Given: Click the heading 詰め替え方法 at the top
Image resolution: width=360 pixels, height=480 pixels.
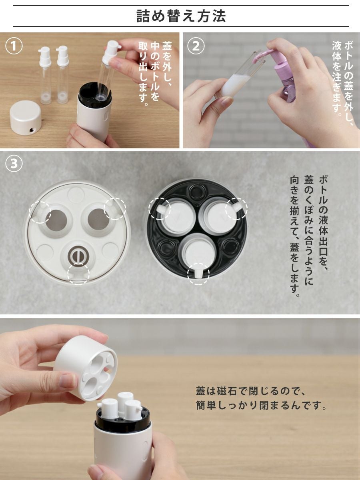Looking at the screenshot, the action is click(181, 16).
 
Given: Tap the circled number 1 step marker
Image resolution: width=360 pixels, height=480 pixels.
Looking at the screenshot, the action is click(14, 46).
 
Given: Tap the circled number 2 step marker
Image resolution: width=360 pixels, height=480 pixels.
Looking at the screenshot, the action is click(196, 46).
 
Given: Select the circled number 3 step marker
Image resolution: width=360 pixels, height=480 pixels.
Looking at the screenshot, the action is click(14, 164).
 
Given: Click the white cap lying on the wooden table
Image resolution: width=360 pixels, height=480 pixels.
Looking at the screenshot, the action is click(26, 118).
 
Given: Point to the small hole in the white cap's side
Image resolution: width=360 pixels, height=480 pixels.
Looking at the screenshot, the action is click(32, 130).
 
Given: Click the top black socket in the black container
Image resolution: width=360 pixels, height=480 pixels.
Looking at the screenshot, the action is click(196, 191).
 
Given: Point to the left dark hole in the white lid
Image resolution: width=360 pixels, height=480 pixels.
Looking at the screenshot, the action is click(56, 220).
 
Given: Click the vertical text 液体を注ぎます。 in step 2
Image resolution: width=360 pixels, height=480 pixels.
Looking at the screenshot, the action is click(337, 78).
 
